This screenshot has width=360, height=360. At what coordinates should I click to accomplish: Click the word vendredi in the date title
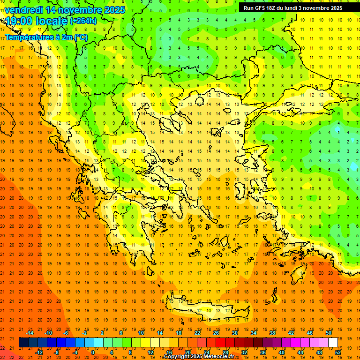[24, 10]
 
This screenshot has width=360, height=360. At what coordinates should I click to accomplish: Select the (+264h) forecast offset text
[83, 21]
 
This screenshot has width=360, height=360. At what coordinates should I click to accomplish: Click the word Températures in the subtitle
[28, 37]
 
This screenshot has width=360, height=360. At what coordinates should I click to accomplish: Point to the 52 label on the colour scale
[338, 352]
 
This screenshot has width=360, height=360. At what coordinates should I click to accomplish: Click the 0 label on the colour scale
[92, 352]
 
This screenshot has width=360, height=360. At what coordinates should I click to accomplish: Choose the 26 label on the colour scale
[216, 333]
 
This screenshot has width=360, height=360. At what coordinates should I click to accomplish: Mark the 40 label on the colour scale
[282, 352]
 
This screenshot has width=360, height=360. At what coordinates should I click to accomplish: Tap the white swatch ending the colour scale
[333, 343]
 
